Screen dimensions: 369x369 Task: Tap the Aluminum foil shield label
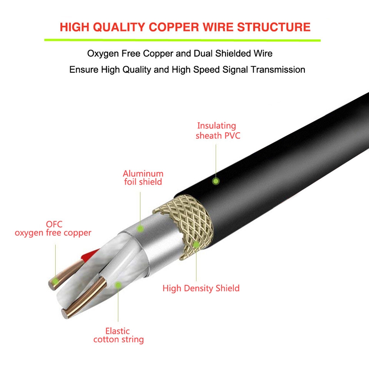pyautogui.click(x=143, y=178)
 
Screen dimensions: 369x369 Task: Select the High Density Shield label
pyautogui.click(x=201, y=288)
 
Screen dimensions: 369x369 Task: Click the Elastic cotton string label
pyautogui.click(x=118, y=335)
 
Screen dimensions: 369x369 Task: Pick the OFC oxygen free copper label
pyautogui.click(x=53, y=228)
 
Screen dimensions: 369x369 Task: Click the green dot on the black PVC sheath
pyautogui.click(x=216, y=181)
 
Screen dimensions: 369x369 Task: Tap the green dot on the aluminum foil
pyautogui.click(x=141, y=229)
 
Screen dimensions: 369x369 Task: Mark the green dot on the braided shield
pyautogui.click(x=196, y=244)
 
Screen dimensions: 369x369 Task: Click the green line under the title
pyautogui.click(x=182, y=40)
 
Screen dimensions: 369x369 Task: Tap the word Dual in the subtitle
pyautogui.click(x=204, y=53)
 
